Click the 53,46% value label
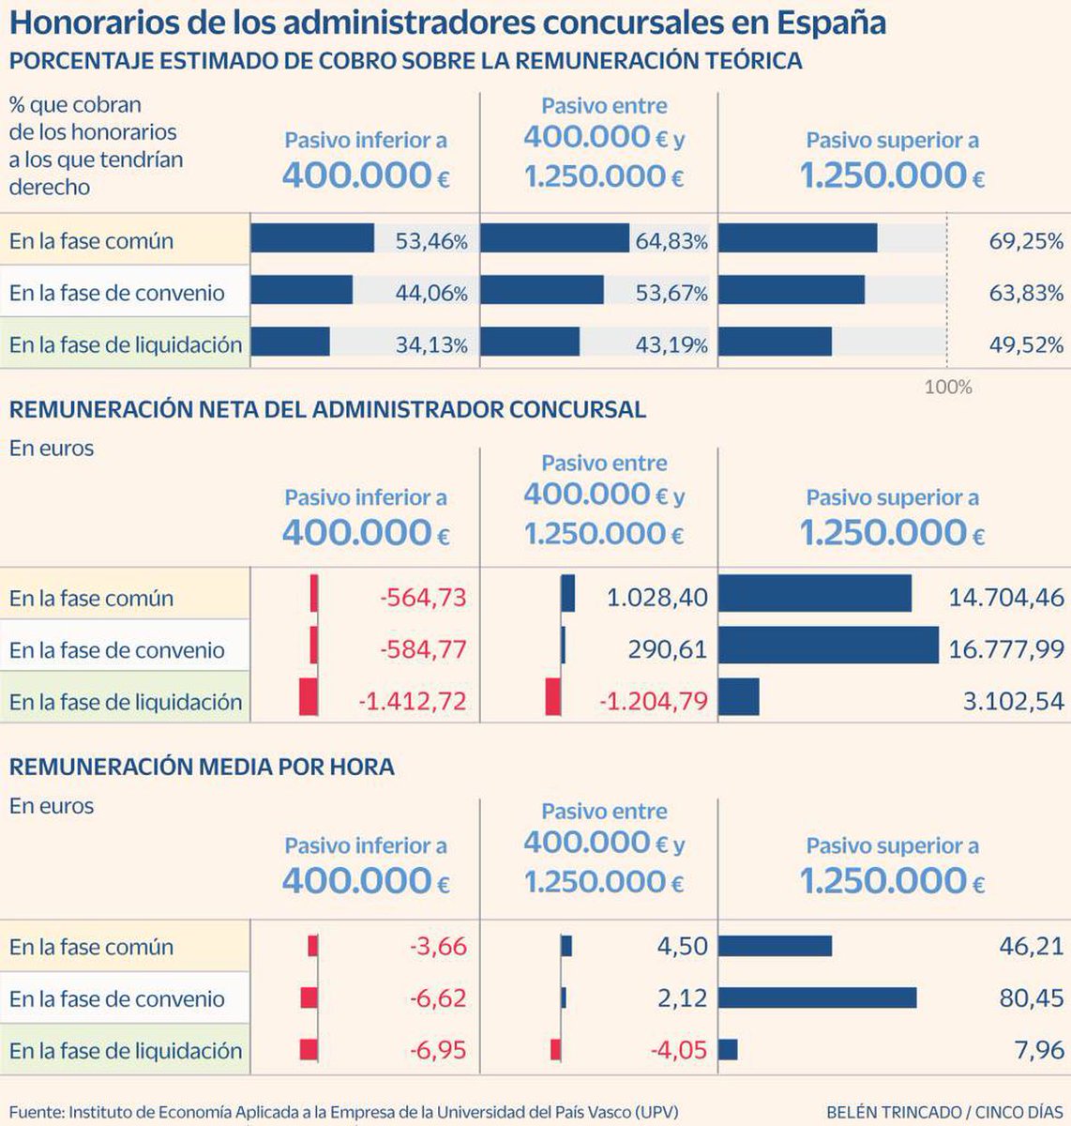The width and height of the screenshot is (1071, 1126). point(430,241)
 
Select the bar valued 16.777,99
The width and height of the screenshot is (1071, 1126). point(828,646)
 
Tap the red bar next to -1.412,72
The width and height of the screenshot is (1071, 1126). point(309,697)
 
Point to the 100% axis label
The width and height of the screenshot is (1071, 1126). point(948,387)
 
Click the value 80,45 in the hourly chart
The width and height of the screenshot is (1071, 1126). point(1032,998)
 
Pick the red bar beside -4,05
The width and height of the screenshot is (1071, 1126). point(555,1050)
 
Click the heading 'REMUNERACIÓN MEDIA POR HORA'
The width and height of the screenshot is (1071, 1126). point(202,767)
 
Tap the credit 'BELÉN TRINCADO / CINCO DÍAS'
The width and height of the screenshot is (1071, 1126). point(944,1111)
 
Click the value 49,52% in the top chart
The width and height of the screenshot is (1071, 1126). point(1026,344)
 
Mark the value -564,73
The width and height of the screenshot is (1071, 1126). point(423,598)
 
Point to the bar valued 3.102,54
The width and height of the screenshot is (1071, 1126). point(739,697)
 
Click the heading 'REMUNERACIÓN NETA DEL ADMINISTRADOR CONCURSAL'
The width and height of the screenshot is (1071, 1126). point(327,409)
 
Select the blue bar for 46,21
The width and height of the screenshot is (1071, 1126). point(776,946)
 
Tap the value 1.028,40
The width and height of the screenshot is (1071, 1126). point(656,598)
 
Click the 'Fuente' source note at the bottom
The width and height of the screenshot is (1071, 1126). point(343,1111)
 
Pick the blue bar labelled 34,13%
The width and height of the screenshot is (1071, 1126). point(291,342)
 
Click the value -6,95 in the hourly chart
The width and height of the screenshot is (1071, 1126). point(438,1050)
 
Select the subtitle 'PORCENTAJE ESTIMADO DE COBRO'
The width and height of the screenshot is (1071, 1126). point(405,61)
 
